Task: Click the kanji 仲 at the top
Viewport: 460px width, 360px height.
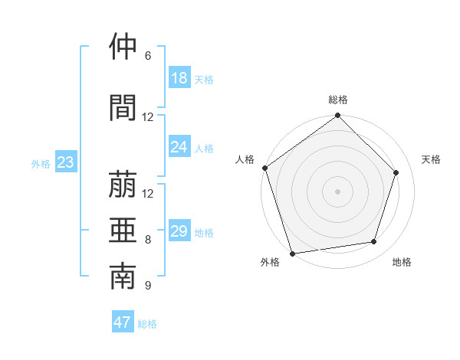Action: click(x=123, y=47)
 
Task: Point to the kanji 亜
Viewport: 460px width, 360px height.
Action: click(x=123, y=229)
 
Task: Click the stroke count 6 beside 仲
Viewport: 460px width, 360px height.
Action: click(x=148, y=56)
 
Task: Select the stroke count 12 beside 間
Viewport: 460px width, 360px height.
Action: click(x=148, y=117)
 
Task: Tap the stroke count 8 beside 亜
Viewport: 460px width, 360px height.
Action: click(x=148, y=240)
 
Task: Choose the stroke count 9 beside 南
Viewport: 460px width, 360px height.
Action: click(x=148, y=286)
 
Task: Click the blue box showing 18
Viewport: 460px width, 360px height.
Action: click(x=179, y=77)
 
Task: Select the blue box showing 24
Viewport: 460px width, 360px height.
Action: click(x=179, y=147)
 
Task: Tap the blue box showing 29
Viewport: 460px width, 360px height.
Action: click(x=179, y=231)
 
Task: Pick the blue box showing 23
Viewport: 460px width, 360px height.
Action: click(x=65, y=162)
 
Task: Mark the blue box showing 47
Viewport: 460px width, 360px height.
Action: click(x=123, y=322)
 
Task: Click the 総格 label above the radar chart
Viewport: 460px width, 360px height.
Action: click(x=338, y=100)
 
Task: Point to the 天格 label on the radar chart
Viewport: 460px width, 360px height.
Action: click(x=432, y=159)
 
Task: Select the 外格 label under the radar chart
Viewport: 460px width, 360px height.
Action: click(x=270, y=263)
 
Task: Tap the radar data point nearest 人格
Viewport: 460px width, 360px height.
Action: click(x=264, y=168)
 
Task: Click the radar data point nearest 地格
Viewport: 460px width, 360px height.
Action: click(x=374, y=242)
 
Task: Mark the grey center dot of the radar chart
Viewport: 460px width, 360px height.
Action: click(x=338, y=191)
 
